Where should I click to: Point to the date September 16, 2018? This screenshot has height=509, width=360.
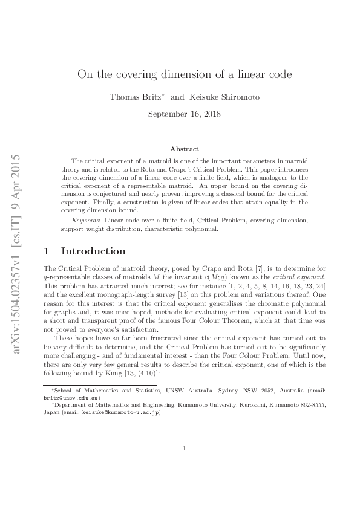pos(185,114)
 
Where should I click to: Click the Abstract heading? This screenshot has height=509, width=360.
pos(185,149)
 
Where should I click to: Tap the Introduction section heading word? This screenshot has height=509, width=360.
pos(94,251)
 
